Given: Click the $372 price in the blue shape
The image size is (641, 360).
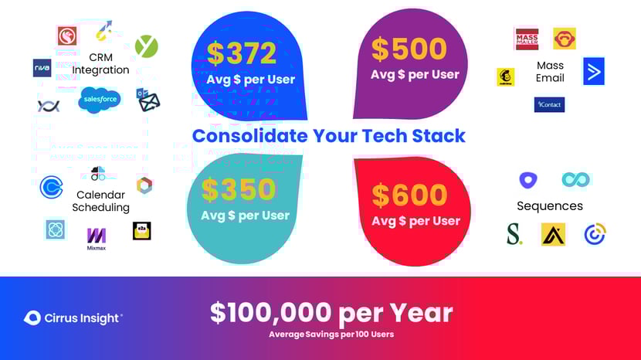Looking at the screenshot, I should (241, 53).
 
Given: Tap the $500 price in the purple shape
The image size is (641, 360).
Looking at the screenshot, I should (409, 49).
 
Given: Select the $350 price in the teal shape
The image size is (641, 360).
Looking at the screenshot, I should (239, 189).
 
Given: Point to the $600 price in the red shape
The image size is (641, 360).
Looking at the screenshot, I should (409, 195).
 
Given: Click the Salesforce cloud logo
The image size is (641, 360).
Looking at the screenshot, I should (99, 99).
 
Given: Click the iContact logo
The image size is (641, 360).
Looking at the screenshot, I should (549, 104).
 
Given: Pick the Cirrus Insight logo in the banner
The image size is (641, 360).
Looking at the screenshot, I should (73, 317).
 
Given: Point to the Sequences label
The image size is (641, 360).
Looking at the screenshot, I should (550, 206).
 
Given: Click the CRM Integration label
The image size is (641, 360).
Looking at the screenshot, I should (100, 64).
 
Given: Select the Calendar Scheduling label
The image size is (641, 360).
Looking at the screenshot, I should (100, 201).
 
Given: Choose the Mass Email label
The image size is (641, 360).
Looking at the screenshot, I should (550, 72).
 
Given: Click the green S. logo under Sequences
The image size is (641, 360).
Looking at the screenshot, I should (514, 234).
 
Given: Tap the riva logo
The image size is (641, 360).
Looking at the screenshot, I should (42, 68).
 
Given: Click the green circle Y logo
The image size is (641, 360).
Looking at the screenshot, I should (146, 46).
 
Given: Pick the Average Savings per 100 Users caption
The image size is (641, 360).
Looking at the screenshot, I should (331, 335).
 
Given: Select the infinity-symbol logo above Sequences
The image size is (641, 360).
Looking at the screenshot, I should (575, 180).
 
